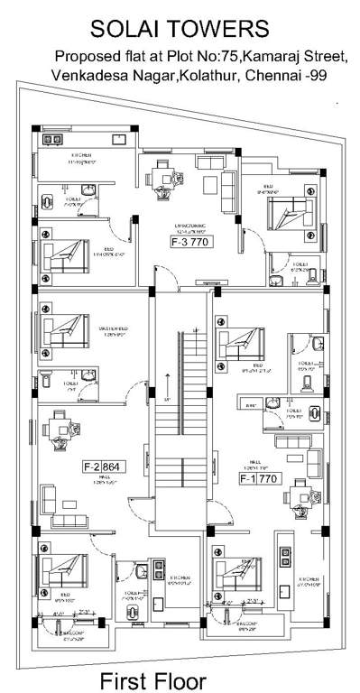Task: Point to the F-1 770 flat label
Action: [261, 479]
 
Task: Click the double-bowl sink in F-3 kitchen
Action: [51, 141]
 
